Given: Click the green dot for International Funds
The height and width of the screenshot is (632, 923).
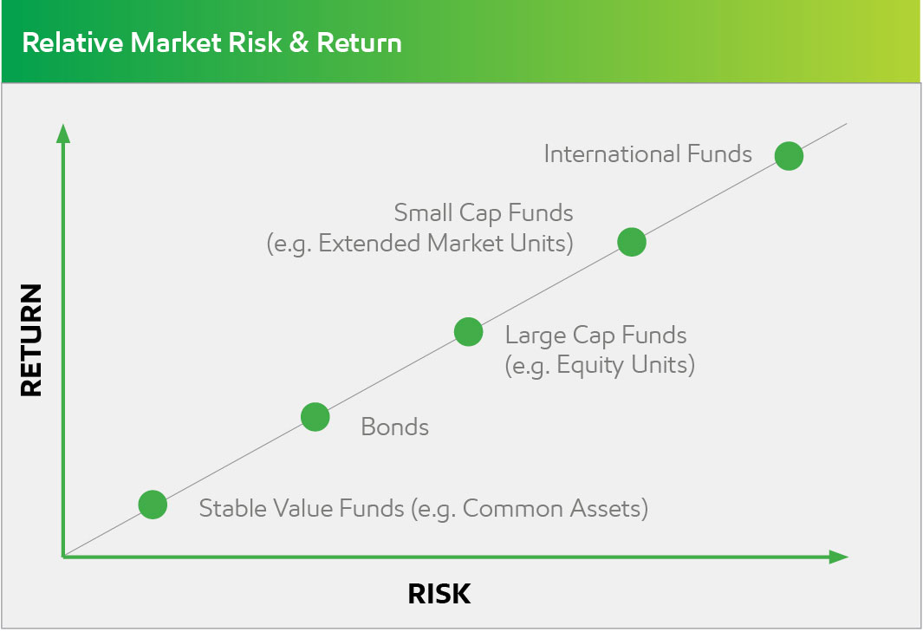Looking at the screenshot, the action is click(789, 156).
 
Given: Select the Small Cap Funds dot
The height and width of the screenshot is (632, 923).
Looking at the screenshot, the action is click(632, 242).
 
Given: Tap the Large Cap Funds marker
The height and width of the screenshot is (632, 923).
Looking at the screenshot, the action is click(469, 332).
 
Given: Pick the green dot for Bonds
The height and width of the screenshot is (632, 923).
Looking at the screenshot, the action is click(315, 417).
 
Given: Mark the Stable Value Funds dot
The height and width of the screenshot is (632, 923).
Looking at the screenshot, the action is click(153, 505).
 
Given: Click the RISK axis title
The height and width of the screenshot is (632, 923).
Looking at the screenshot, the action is click(439, 594).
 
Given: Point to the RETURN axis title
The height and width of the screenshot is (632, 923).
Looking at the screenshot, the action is click(31, 340).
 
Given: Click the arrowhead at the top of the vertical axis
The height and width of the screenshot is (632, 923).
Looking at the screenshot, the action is click(63, 133).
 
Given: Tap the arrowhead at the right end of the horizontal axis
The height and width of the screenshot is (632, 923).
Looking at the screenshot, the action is click(838, 557).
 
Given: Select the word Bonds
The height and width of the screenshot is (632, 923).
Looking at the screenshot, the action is click(395, 427).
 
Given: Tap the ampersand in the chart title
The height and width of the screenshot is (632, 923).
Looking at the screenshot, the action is click(299, 43).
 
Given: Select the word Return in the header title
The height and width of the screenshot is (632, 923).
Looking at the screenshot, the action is click(359, 43).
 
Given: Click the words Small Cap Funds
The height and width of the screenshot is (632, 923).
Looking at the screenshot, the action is click(484, 213).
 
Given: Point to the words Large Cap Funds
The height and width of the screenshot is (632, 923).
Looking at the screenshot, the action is click(595, 336).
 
